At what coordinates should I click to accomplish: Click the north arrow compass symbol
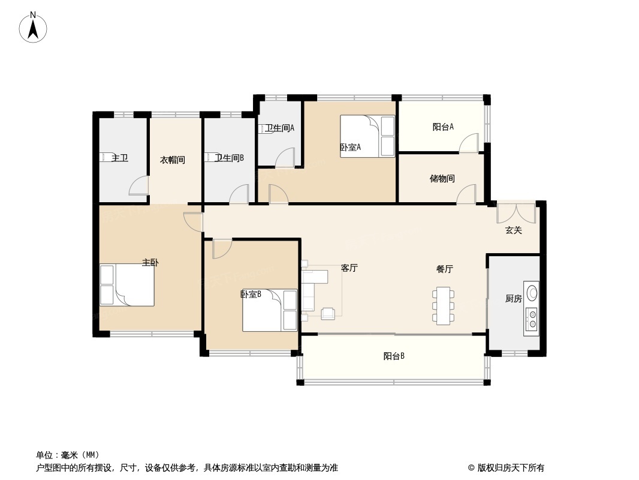33,28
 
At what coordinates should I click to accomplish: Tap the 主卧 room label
150,263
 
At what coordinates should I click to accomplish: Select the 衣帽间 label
173,160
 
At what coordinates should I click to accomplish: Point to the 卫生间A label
279,128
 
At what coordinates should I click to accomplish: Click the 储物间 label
442,179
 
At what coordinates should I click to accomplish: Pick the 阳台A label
443,127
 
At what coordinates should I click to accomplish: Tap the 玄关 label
514,230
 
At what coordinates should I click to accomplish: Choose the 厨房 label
514,299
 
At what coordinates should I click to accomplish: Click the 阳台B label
394,356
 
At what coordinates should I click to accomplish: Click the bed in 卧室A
367,136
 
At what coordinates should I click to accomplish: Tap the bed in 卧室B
270,310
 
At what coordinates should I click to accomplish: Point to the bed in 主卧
127,285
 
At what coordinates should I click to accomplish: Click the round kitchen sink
532,292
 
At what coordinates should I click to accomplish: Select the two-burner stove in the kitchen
532,319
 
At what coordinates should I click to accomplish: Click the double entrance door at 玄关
516,212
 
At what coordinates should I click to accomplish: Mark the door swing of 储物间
466,194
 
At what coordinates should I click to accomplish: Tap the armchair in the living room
328,313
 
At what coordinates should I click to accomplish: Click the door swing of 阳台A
469,143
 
